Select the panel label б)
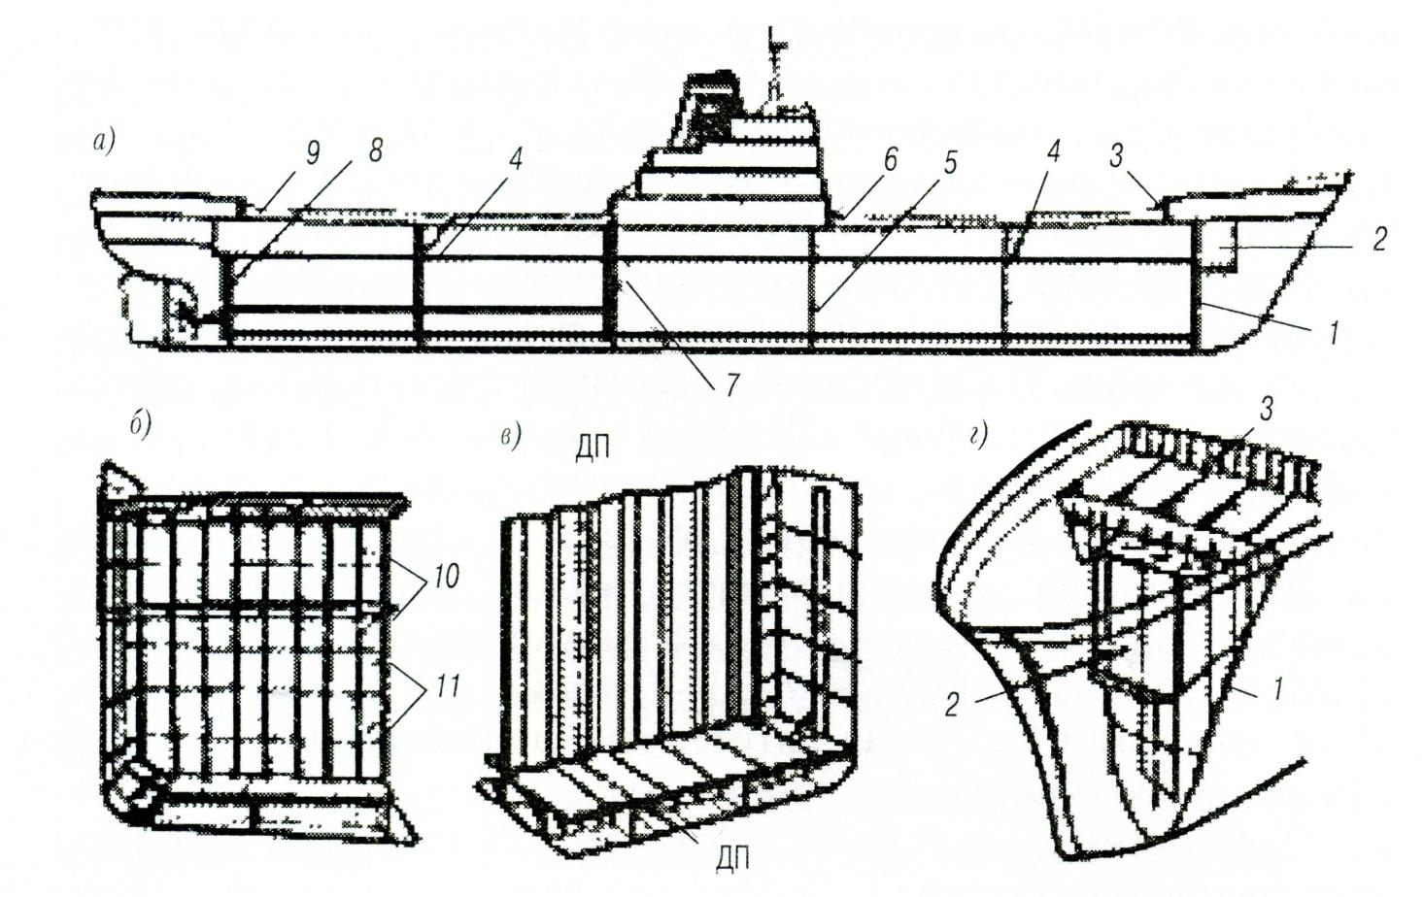click(141, 425)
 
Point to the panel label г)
click(980, 437)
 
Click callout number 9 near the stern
click(312, 153)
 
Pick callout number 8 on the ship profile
click(375, 150)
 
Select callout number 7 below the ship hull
click(731, 383)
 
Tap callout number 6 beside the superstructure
click(889, 161)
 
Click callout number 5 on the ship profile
click(949, 163)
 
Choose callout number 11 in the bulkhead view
click(446, 686)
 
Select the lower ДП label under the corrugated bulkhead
click(732, 859)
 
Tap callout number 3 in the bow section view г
click(1266, 411)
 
